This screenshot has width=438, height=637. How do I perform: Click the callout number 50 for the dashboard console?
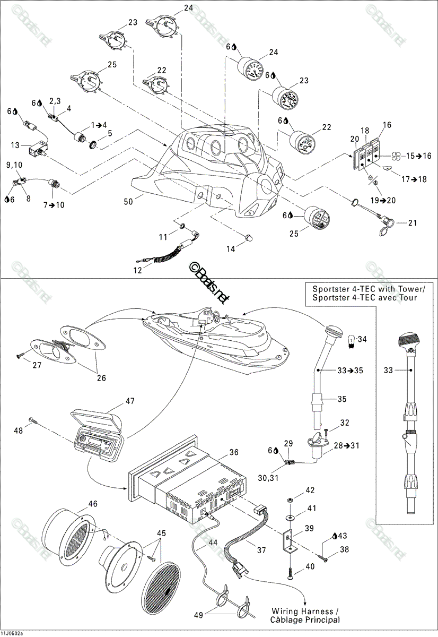(128, 202)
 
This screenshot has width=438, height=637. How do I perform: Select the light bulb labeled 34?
(352, 339)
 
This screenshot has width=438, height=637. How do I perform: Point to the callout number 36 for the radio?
(234, 452)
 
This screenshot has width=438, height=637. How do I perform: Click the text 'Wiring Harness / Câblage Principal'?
(305, 616)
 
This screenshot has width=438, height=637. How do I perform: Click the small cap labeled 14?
(249, 237)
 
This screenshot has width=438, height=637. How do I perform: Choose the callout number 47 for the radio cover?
(130, 401)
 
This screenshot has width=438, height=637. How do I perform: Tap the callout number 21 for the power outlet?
(412, 222)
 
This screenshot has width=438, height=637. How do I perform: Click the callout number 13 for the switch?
(15, 145)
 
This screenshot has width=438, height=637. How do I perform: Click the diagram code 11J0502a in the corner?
(12, 633)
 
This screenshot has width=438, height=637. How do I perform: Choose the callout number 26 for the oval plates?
(101, 377)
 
